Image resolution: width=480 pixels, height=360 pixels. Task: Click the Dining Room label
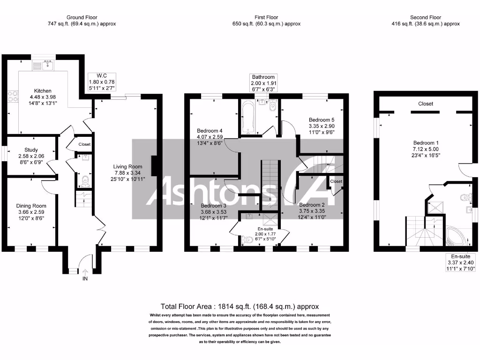tap(31, 206)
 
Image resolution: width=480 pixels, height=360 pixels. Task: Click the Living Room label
tap(127, 166)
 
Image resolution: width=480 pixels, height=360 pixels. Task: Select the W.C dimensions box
tap(102, 82)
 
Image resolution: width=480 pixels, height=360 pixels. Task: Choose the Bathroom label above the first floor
tap(263, 77)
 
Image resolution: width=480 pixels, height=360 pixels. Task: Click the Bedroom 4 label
tap(210, 130)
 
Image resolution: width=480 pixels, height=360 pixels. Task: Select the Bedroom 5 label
tap(322, 120)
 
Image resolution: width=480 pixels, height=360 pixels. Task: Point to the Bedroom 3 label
tap(213, 205)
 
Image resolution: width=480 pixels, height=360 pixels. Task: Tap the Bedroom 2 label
tap(312, 205)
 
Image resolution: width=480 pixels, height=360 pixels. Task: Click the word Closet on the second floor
tap(426, 104)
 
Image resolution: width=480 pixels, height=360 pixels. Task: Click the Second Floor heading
tap(426, 17)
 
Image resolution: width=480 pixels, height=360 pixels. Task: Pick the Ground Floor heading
tap(82, 17)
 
